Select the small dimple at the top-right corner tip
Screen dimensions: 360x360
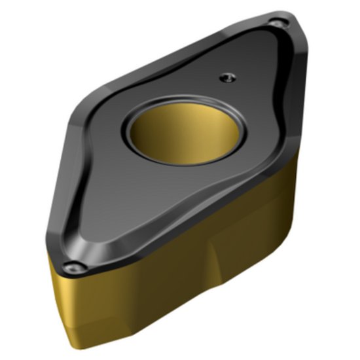coord(279,24)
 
